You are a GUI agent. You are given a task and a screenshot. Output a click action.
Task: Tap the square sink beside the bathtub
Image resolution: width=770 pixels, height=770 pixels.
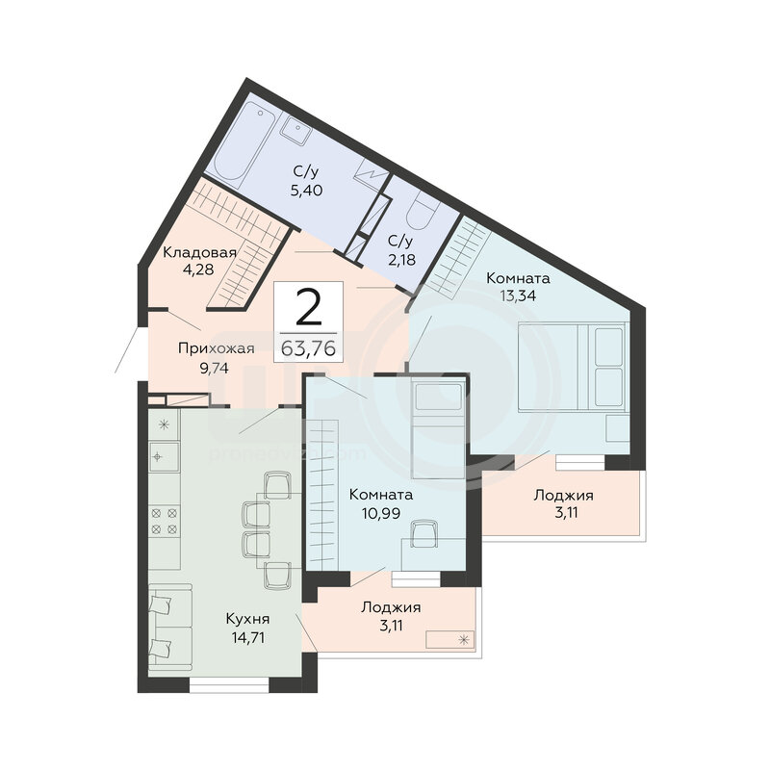(x=296, y=129)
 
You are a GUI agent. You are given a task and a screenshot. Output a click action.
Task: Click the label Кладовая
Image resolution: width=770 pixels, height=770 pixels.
(x=199, y=252)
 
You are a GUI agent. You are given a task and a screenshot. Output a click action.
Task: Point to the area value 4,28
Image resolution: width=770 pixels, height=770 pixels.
(x=198, y=269)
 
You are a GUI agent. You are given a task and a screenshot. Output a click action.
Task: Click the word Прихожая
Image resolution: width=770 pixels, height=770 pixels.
(x=216, y=348)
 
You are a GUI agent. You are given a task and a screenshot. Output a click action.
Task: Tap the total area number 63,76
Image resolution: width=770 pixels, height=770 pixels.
(x=308, y=348)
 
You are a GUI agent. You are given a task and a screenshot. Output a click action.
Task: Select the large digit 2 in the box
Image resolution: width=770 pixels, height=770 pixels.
(x=308, y=307)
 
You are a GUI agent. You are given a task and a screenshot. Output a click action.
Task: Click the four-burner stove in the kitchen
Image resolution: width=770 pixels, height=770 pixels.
(x=164, y=521)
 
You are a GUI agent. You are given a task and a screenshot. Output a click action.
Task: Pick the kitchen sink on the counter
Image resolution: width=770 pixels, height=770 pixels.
(x=163, y=456)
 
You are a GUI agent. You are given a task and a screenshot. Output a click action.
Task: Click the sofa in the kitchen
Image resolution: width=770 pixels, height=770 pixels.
(x=170, y=628)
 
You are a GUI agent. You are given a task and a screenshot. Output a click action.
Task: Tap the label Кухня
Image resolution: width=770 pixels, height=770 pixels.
(x=247, y=619)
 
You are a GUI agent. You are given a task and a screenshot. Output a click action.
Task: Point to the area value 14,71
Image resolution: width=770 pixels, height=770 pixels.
(x=248, y=637)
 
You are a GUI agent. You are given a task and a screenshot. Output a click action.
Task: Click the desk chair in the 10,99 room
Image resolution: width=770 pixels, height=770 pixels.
(x=424, y=534)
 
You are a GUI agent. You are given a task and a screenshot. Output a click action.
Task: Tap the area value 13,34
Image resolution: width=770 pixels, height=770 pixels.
(x=518, y=295)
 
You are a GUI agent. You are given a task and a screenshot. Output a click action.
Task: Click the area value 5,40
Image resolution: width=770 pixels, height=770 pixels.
(x=306, y=190)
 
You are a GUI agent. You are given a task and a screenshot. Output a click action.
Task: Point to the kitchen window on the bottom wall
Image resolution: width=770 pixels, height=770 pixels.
(x=229, y=685)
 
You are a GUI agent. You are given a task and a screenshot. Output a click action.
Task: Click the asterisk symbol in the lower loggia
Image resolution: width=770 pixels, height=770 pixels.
(x=464, y=639)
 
